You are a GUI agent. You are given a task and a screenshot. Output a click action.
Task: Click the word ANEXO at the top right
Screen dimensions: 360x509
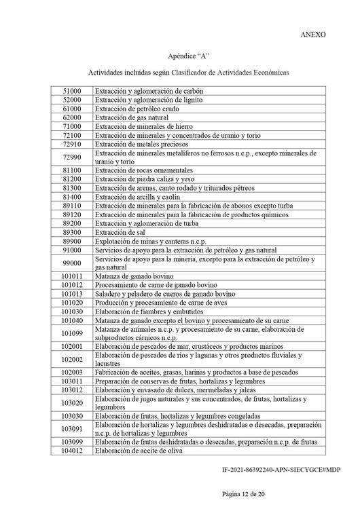point(312,33)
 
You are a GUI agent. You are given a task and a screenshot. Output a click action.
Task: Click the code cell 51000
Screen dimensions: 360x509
point(72,91)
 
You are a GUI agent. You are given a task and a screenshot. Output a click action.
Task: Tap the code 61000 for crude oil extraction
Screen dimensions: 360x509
point(72,109)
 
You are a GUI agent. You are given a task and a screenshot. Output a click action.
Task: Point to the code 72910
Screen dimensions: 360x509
point(72,144)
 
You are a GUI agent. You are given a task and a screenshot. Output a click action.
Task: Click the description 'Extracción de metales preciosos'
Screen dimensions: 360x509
point(142,144)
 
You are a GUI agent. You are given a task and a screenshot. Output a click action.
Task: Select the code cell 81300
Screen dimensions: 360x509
point(72,187)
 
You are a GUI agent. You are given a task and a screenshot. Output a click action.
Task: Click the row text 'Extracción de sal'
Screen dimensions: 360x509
point(120,231)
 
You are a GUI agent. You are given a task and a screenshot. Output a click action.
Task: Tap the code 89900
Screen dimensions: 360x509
point(72,240)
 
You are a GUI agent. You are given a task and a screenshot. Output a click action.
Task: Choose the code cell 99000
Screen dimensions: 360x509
point(72,263)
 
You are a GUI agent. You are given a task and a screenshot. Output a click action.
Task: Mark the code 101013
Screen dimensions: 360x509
point(72,294)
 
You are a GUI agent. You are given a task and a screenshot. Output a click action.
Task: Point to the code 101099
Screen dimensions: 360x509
point(72,333)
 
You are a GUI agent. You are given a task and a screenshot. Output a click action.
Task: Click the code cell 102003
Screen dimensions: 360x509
point(72,373)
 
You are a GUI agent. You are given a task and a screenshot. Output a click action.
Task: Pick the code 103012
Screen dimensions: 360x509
point(72,390)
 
